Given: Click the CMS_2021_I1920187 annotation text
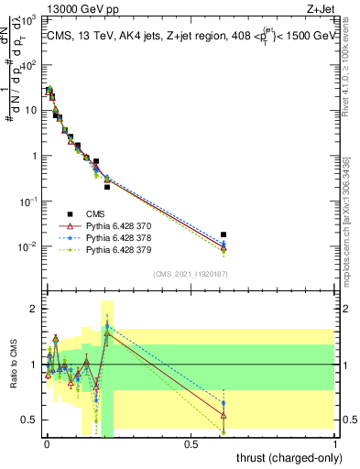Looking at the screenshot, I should click(190, 274).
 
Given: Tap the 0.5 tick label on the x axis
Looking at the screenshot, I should click(191, 444).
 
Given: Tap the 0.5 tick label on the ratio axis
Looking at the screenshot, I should click(30, 420).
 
